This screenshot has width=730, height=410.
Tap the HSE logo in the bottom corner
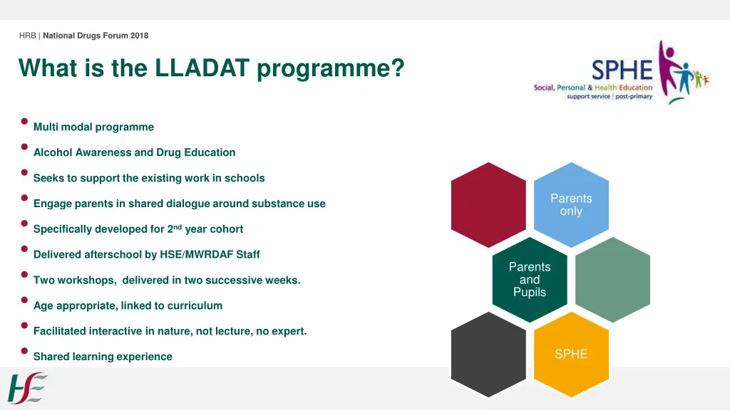27,388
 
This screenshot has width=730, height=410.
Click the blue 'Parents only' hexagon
571,205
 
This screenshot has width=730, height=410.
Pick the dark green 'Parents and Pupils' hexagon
530,279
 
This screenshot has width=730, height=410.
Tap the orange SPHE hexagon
571,354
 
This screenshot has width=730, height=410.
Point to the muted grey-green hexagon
612,279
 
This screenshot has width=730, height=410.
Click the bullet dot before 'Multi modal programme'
24,121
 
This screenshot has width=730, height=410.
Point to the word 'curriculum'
195,306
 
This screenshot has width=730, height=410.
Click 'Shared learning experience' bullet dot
24,351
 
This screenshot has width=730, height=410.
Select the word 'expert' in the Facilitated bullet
290,331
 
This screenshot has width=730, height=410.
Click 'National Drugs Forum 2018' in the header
96,36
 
